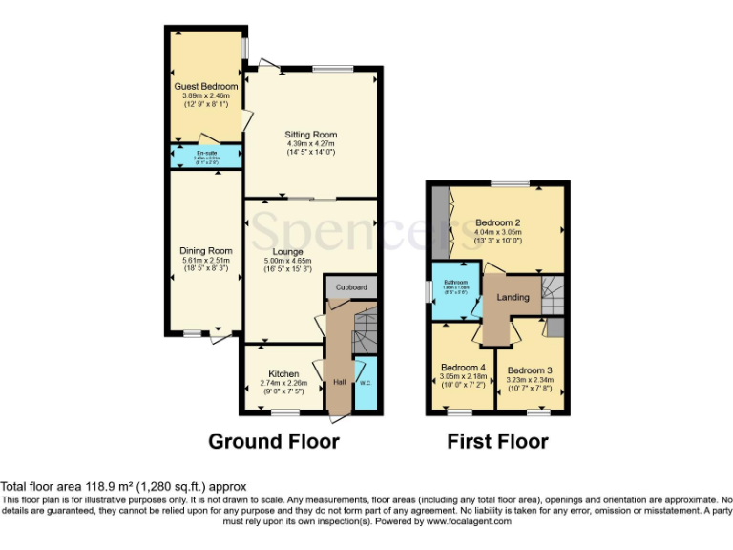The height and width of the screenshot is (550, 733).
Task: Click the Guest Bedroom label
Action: (x=205, y=87)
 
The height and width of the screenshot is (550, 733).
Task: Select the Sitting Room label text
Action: (x=311, y=135)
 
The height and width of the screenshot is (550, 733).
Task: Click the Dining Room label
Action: (x=206, y=251)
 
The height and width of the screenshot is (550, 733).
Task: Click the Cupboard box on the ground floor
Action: (x=351, y=286)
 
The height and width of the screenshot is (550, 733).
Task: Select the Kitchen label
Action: (x=283, y=373)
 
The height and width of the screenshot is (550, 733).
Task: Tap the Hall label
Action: (x=339, y=383)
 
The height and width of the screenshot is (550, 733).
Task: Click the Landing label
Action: (x=513, y=298)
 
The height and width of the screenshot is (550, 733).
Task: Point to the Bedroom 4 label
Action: (x=464, y=368)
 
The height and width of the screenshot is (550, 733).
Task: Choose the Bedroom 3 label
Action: (x=530, y=370)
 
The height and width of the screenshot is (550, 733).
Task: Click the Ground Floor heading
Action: (x=273, y=442)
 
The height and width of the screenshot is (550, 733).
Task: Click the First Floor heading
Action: (x=497, y=442)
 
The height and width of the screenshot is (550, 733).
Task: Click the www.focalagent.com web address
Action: (x=468, y=521)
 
